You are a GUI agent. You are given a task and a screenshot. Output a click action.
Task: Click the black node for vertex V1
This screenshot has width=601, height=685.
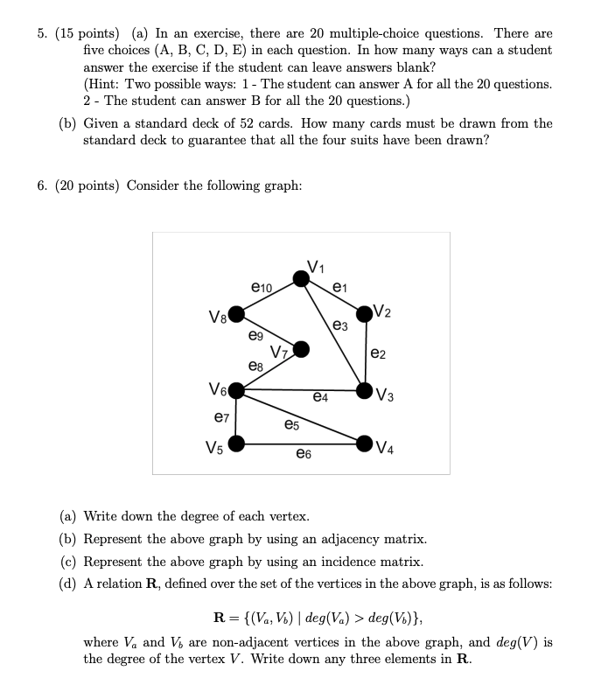click(x=301, y=278)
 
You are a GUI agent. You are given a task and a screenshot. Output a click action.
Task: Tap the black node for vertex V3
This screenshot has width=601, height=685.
click(x=365, y=390)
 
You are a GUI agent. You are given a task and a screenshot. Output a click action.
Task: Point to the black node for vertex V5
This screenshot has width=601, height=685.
click(x=235, y=444)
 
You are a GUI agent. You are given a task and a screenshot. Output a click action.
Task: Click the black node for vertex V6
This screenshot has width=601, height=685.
click(x=235, y=391)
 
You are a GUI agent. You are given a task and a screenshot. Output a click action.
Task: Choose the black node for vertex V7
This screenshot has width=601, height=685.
click(x=301, y=349)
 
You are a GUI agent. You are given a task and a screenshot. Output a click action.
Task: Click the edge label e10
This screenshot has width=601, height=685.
click(x=262, y=287)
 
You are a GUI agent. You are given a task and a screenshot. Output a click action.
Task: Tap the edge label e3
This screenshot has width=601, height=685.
click(x=340, y=325)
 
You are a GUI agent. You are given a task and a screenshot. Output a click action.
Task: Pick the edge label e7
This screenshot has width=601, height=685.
click(x=222, y=419)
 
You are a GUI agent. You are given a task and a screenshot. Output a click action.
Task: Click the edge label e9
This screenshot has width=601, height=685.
click(x=255, y=335)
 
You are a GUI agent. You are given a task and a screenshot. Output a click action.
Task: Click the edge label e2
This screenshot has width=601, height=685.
click(x=378, y=353)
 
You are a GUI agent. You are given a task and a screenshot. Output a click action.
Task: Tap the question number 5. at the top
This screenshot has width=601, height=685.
click(x=42, y=33)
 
